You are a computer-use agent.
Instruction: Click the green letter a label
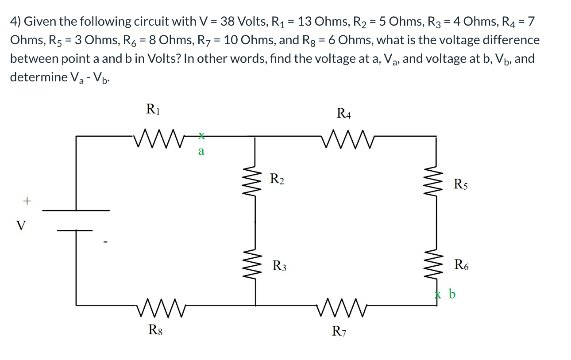[201, 152]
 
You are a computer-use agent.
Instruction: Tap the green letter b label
[452, 294]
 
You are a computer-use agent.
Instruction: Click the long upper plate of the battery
[76, 211]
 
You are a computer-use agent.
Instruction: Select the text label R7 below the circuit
[340, 331]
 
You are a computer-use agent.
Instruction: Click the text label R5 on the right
[461, 184]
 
